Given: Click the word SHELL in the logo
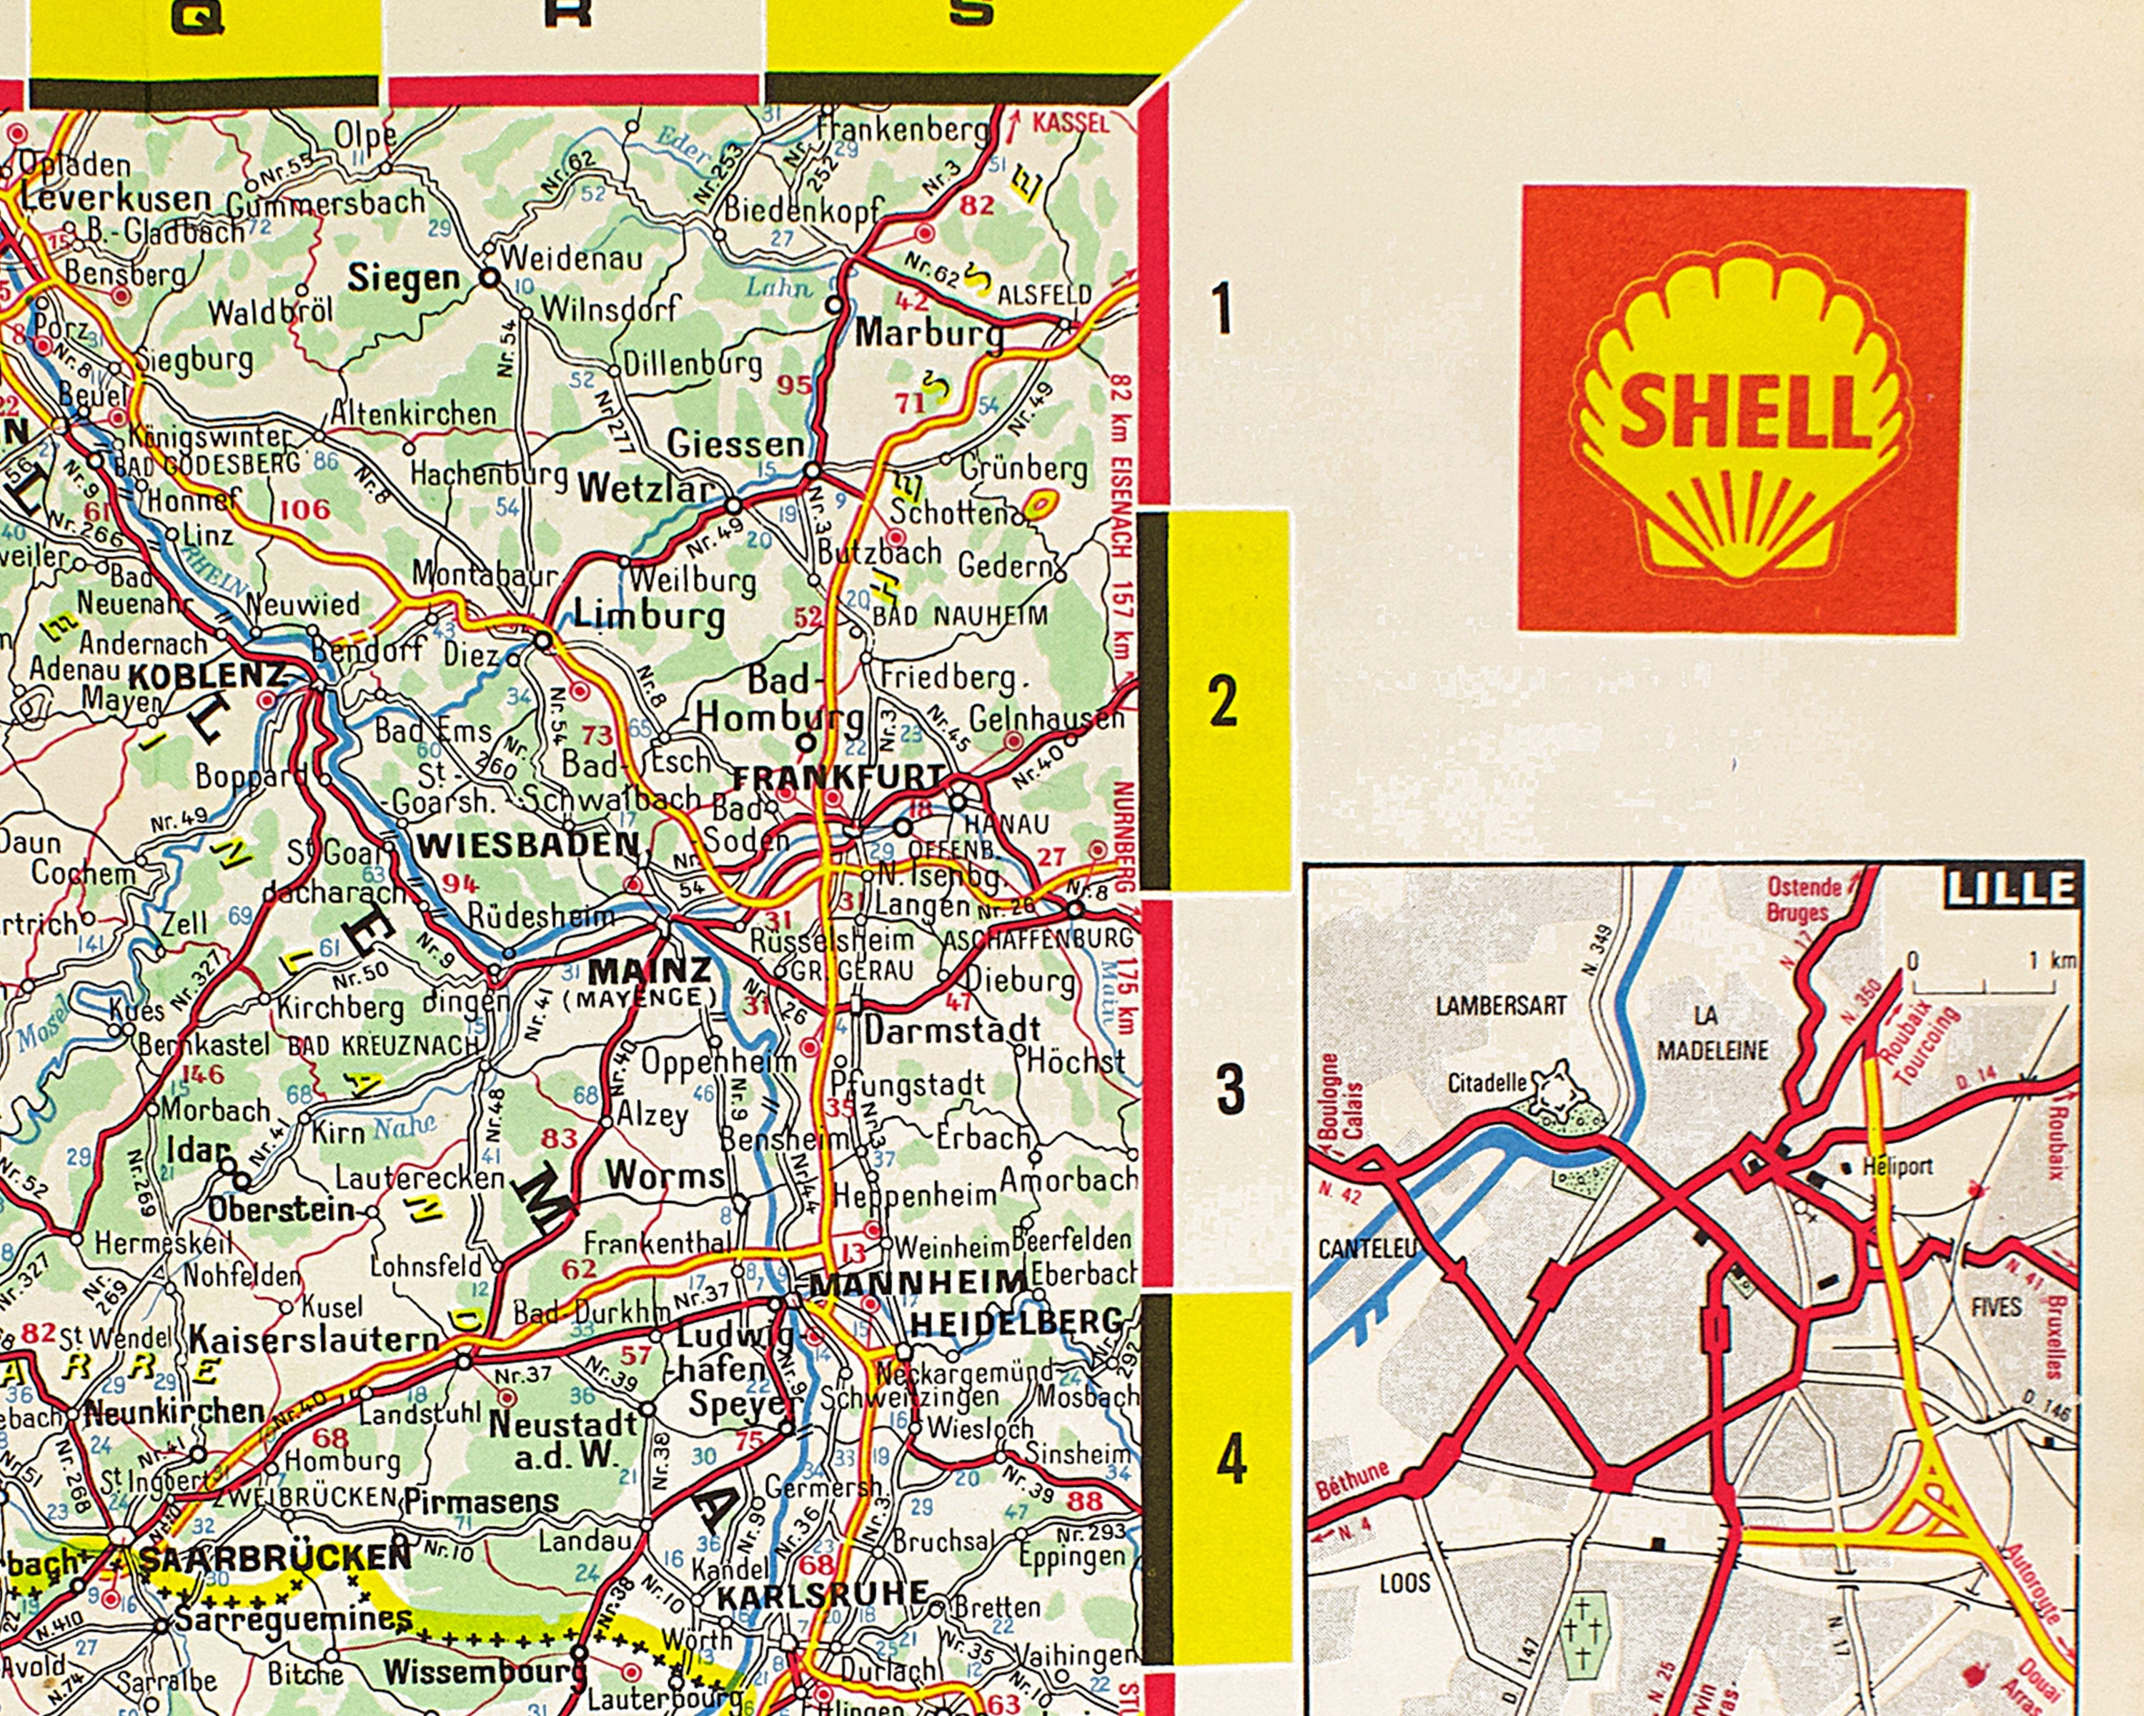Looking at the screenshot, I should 1742,411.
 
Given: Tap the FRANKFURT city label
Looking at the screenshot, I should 838,777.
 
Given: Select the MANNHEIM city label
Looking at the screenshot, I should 917,1283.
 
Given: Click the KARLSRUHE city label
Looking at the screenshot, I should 823,1594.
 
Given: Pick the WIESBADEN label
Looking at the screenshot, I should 527,846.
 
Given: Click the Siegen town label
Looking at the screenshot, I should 403,279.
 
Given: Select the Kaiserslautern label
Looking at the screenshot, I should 314,1339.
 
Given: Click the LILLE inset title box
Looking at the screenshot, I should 2011,888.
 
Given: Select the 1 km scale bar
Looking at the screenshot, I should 1984,986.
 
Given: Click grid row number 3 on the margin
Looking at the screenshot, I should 1230,1090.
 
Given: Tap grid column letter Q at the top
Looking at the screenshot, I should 196,17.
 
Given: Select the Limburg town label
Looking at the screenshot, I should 648,615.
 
